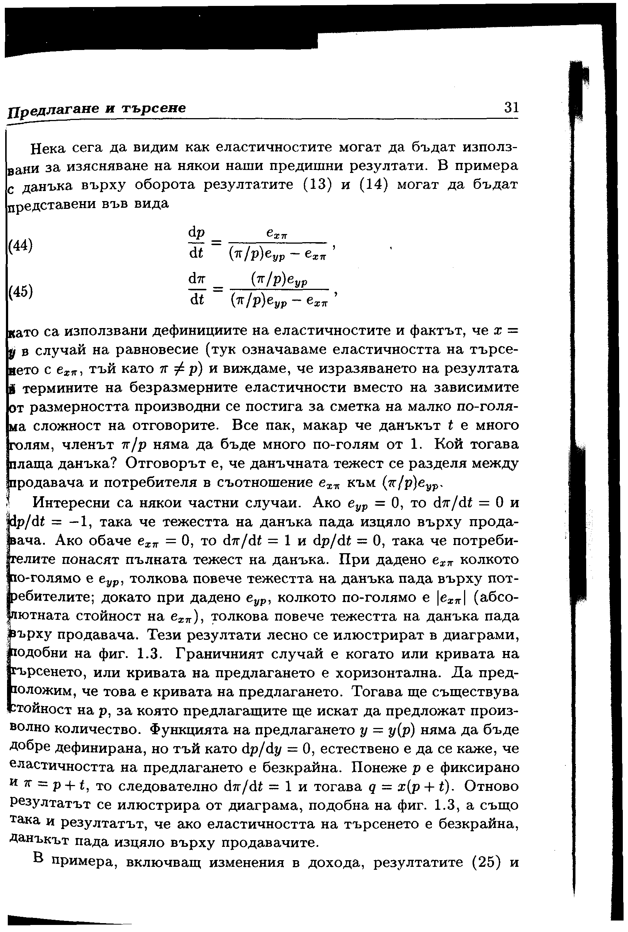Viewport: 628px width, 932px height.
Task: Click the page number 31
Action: (x=511, y=107)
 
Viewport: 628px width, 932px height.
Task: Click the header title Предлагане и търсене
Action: (x=97, y=108)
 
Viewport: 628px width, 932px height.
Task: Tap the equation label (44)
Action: (x=20, y=245)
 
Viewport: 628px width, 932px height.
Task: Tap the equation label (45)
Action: (x=20, y=291)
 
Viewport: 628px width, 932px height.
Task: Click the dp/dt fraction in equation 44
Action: (x=196, y=243)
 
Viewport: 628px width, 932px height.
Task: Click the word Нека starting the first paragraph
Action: (x=48, y=148)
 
